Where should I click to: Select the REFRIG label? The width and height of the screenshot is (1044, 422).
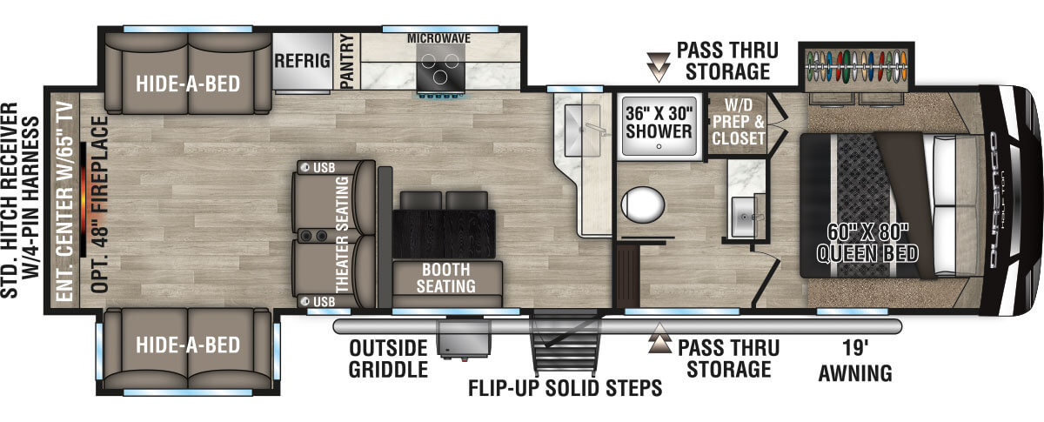pyautogui.click(x=302, y=61)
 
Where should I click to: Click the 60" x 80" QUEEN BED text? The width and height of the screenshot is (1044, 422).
pyautogui.click(x=867, y=243)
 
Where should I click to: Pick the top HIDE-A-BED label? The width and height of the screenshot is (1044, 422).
pyautogui.click(x=187, y=84)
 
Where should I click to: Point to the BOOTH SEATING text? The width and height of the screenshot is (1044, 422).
pyautogui.click(x=448, y=277)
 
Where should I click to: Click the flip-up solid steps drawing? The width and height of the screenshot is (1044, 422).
pyautogui.click(x=561, y=348)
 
